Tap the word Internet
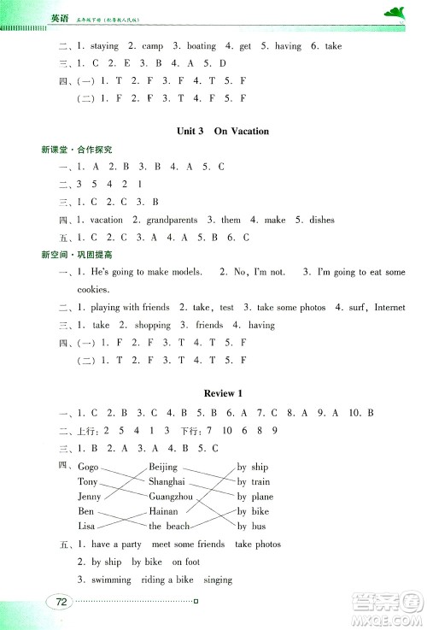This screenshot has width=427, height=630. point(389,307)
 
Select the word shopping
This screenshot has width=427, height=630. point(154,325)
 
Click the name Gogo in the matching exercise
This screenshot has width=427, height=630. point(88,468)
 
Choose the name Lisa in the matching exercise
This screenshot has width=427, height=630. point(86,526)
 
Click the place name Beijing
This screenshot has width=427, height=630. point(163,468)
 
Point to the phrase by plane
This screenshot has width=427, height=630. point(255,497)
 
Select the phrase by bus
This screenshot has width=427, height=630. point(252,526)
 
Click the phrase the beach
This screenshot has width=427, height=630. point(169,526)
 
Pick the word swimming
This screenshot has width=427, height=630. point(108,580)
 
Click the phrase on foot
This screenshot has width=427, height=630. point(185,562)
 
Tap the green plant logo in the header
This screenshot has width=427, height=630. point(395,11)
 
